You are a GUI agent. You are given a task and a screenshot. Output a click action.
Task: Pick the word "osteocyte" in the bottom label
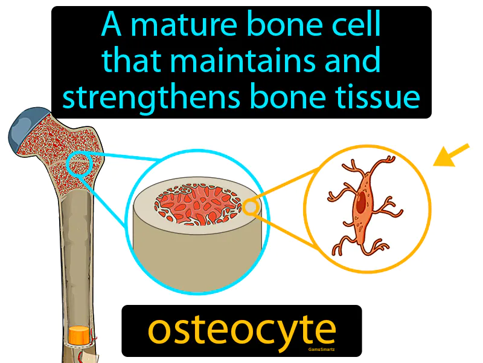[241, 330]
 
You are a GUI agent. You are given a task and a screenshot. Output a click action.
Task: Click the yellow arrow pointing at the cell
[450, 155]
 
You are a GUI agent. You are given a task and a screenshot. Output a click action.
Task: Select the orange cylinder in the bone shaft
[78, 335]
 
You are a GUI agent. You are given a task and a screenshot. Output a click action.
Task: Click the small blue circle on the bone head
[78, 164]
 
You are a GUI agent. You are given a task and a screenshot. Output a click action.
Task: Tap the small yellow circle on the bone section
[251, 208]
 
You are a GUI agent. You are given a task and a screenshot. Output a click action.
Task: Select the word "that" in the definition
[125, 60]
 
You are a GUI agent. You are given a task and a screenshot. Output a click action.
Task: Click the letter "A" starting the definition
[109, 25]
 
